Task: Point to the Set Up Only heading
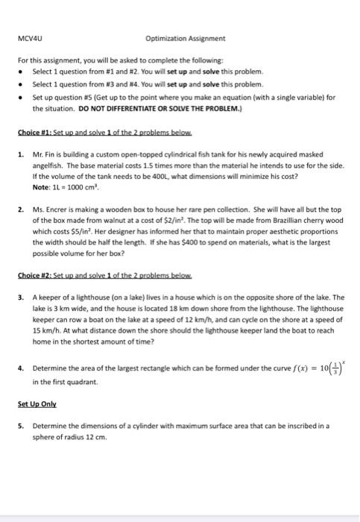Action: click(35, 409)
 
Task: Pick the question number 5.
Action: click(20, 427)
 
